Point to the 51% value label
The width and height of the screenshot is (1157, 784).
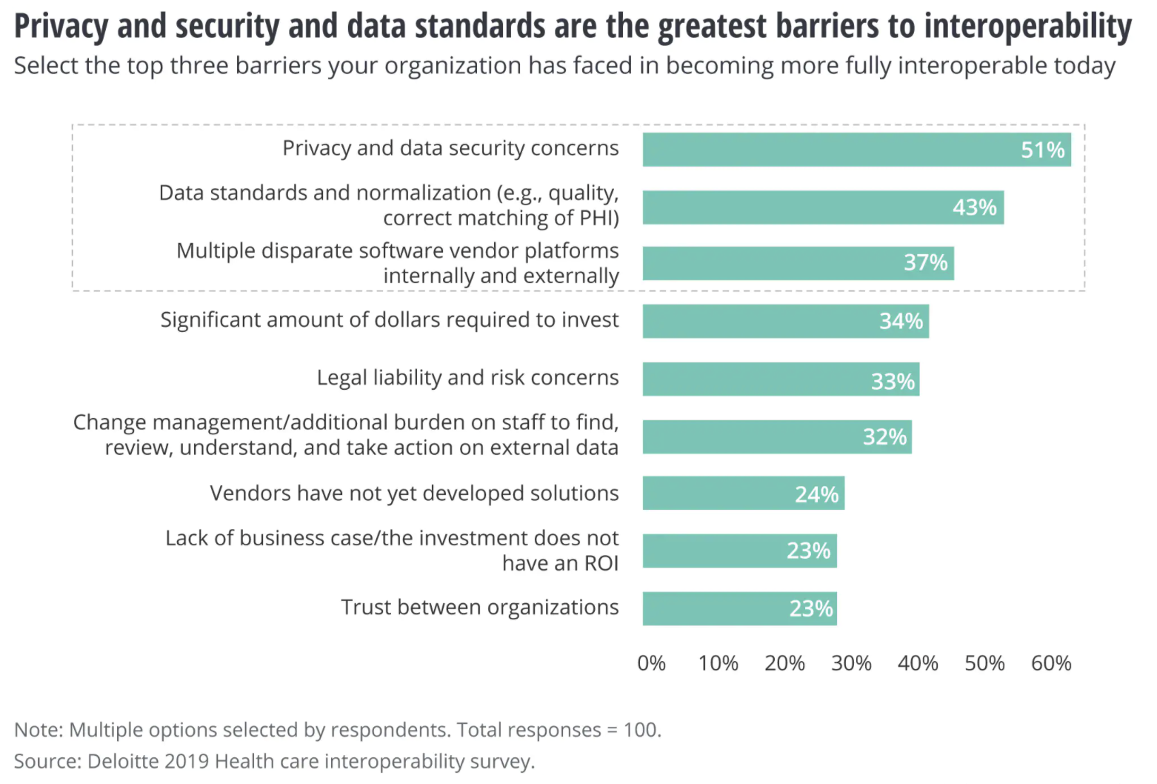(x=1042, y=150)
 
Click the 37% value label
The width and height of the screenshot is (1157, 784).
(x=925, y=262)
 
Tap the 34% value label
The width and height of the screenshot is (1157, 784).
(x=901, y=321)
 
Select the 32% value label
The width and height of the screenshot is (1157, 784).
(x=884, y=436)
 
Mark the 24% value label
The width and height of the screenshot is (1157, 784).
(x=816, y=494)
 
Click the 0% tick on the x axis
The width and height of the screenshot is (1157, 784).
(x=651, y=663)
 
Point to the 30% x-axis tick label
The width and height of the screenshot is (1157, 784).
(x=851, y=663)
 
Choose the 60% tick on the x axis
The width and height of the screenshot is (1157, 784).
(x=1051, y=663)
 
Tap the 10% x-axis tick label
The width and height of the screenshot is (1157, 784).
(x=718, y=663)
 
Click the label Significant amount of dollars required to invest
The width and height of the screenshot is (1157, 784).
(x=389, y=320)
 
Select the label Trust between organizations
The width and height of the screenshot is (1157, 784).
(x=479, y=608)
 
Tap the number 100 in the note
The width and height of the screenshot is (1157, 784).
(x=641, y=731)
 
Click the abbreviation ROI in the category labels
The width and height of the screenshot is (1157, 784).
(x=601, y=564)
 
